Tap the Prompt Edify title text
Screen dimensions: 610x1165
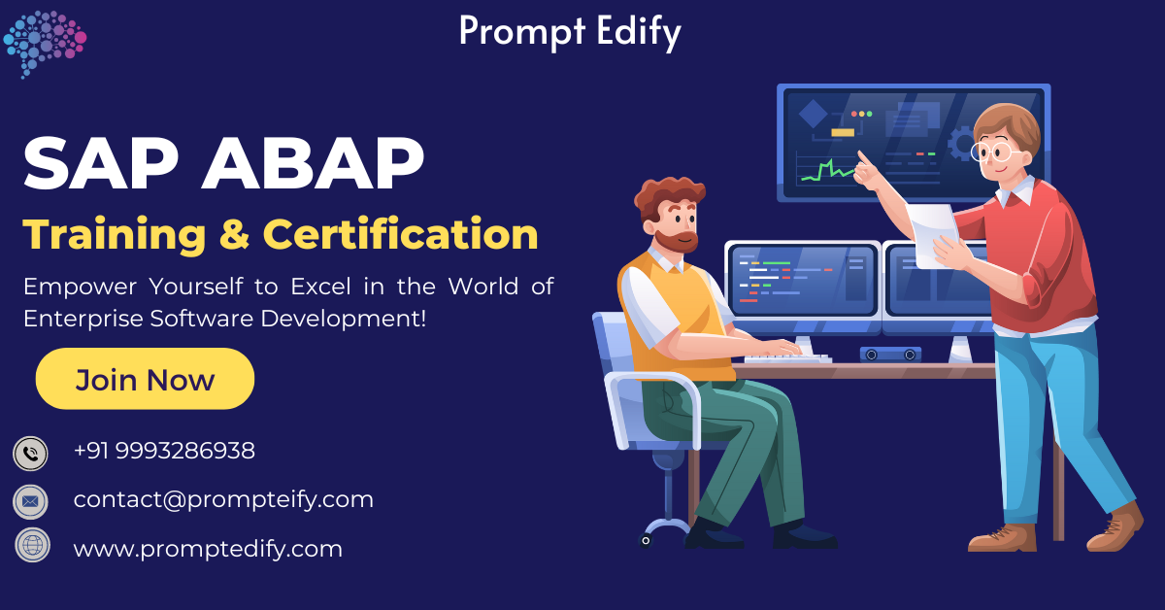(x=570, y=31)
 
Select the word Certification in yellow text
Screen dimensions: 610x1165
(x=401, y=234)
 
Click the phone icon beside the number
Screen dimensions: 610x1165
(x=30, y=453)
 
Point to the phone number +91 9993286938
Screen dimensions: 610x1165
(x=164, y=451)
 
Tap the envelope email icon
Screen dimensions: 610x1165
(x=30, y=501)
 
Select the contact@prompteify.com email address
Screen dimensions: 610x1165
(x=223, y=499)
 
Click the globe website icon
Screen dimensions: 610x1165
(x=30, y=545)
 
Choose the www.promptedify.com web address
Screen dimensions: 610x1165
(x=208, y=549)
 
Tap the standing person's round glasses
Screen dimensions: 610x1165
(x=993, y=152)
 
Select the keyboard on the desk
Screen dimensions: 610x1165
(x=786, y=358)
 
